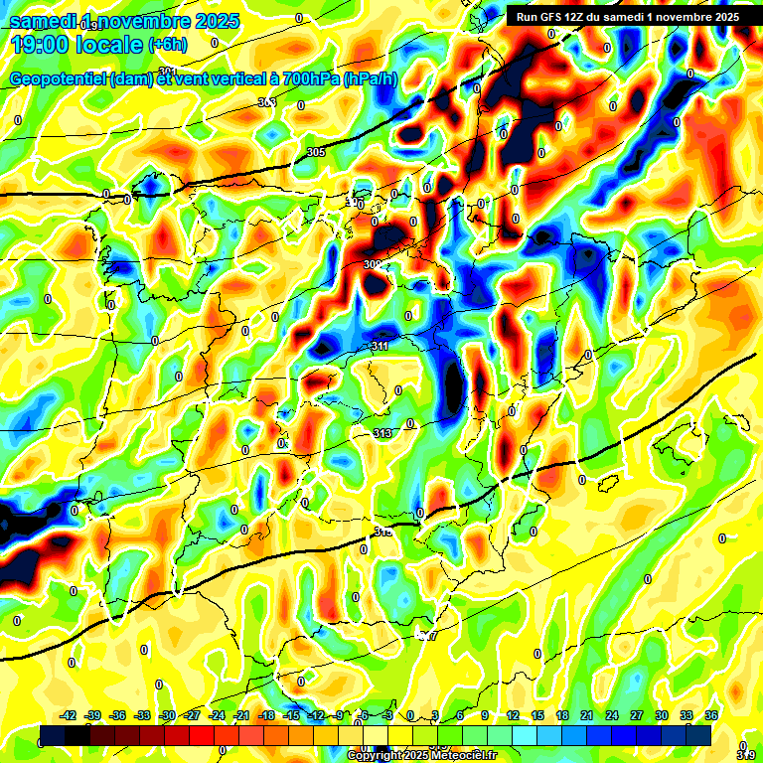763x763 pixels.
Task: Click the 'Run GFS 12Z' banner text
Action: [555, 17]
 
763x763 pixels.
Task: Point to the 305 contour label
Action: [316, 152]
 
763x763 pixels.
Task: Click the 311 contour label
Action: [379, 346]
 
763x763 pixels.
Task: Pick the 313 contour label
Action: [382, 434]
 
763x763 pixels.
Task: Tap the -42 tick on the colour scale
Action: [69, 715]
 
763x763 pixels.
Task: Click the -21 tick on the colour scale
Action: [241, 715]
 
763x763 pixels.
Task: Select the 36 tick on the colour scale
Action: [711, 715]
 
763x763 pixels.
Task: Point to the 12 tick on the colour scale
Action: [513, 715]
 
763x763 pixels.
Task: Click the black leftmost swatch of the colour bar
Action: [54, 735]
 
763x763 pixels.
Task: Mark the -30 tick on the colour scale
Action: [168, 715]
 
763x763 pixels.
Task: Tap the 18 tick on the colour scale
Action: [562, 715]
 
